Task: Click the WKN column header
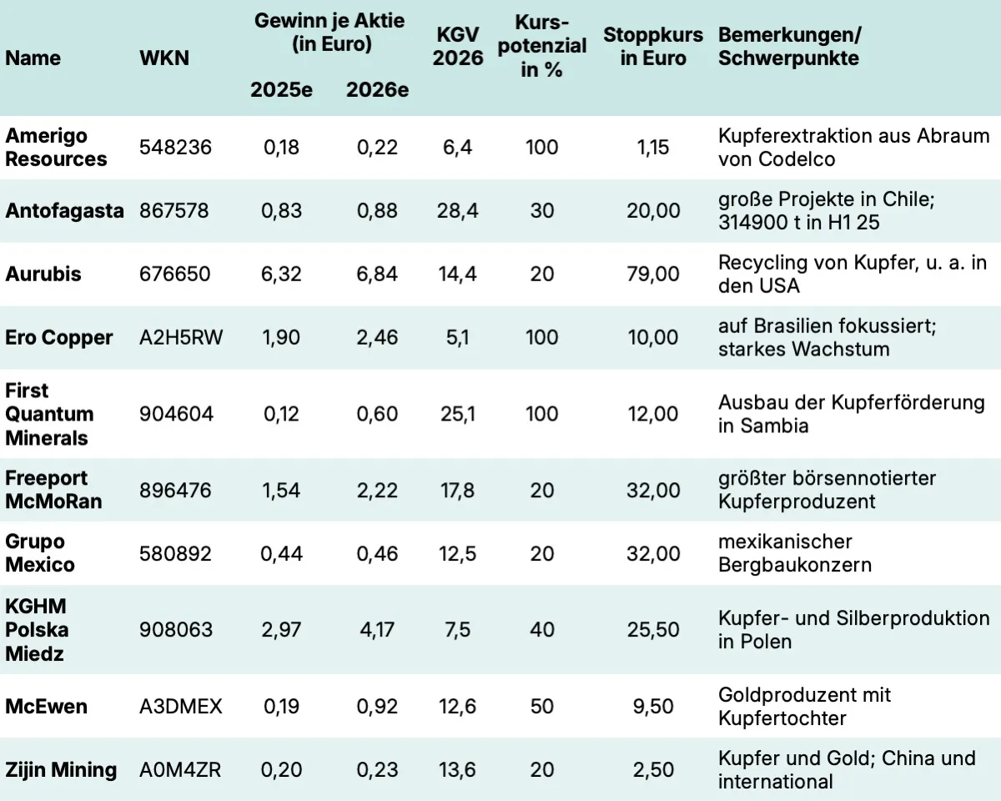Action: pyautogui.click(x=164, y=58)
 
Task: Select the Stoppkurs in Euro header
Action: pyautogui.click(x=653, y=47)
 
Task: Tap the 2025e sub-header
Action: pyautogui.click(x=281, y=90)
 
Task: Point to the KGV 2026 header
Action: pyautogui.click(x=458, y=47)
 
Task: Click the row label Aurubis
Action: pyautogui.click(x=43, y=274)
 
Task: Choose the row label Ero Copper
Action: pyautogui.click(x=58, y=338)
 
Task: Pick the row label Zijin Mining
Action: pyautogui.click(x=61, y=769)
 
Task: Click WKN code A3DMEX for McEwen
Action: pyautogui.click(x=181, y=706)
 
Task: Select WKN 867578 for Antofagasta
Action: pyautogui.click(x=175, y=211)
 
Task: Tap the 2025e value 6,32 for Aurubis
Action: pyautogui.click(x=281, y=274)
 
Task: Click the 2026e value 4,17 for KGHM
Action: pyautogui.click(x=377, y=629)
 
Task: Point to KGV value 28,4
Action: pyautogui.click(x=457, y=211)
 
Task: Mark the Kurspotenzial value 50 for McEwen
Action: pyautogui.click(x=542, y=706)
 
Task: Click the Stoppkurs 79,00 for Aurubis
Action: pyautogui.click(x=653, y=274)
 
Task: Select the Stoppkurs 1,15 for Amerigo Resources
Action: pyautogui.click(x=653, y=148)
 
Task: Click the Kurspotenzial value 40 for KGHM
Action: pyautogui.click(x=542, y=629)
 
